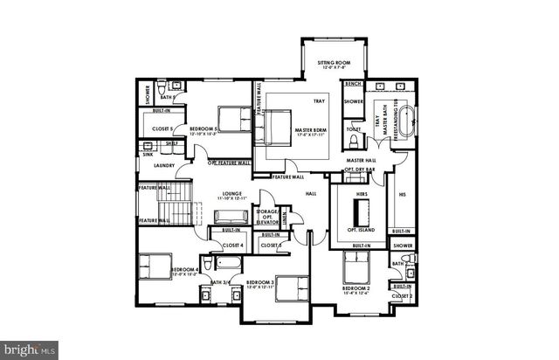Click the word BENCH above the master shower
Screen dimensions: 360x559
[x=353, y=84]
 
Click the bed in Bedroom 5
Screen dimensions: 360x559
[x=232, y=120]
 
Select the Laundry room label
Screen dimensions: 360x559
[x=163, y=165]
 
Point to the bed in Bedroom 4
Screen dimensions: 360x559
[x=158, y=266]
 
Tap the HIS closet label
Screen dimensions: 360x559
[x=402, y=194]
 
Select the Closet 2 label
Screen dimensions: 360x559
[x=402, y=296]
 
